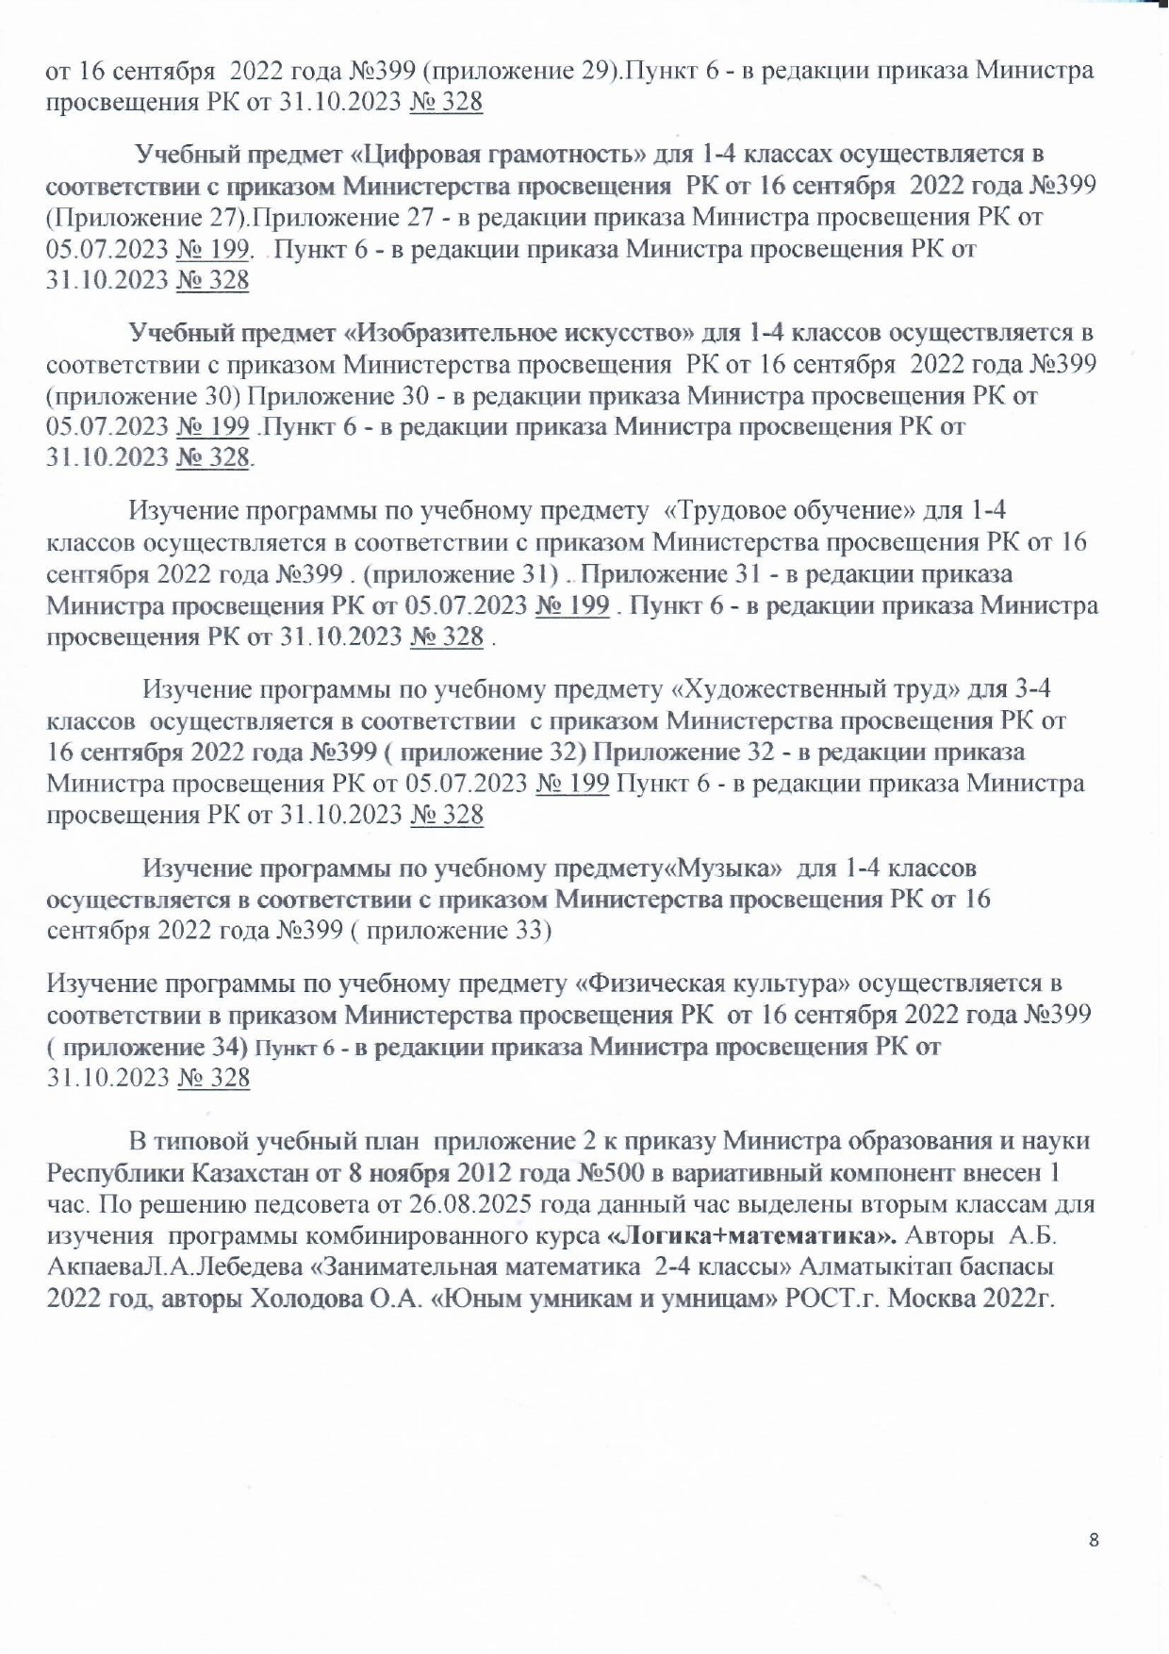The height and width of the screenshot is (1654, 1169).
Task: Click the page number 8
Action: click(x=1094, y=1541)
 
